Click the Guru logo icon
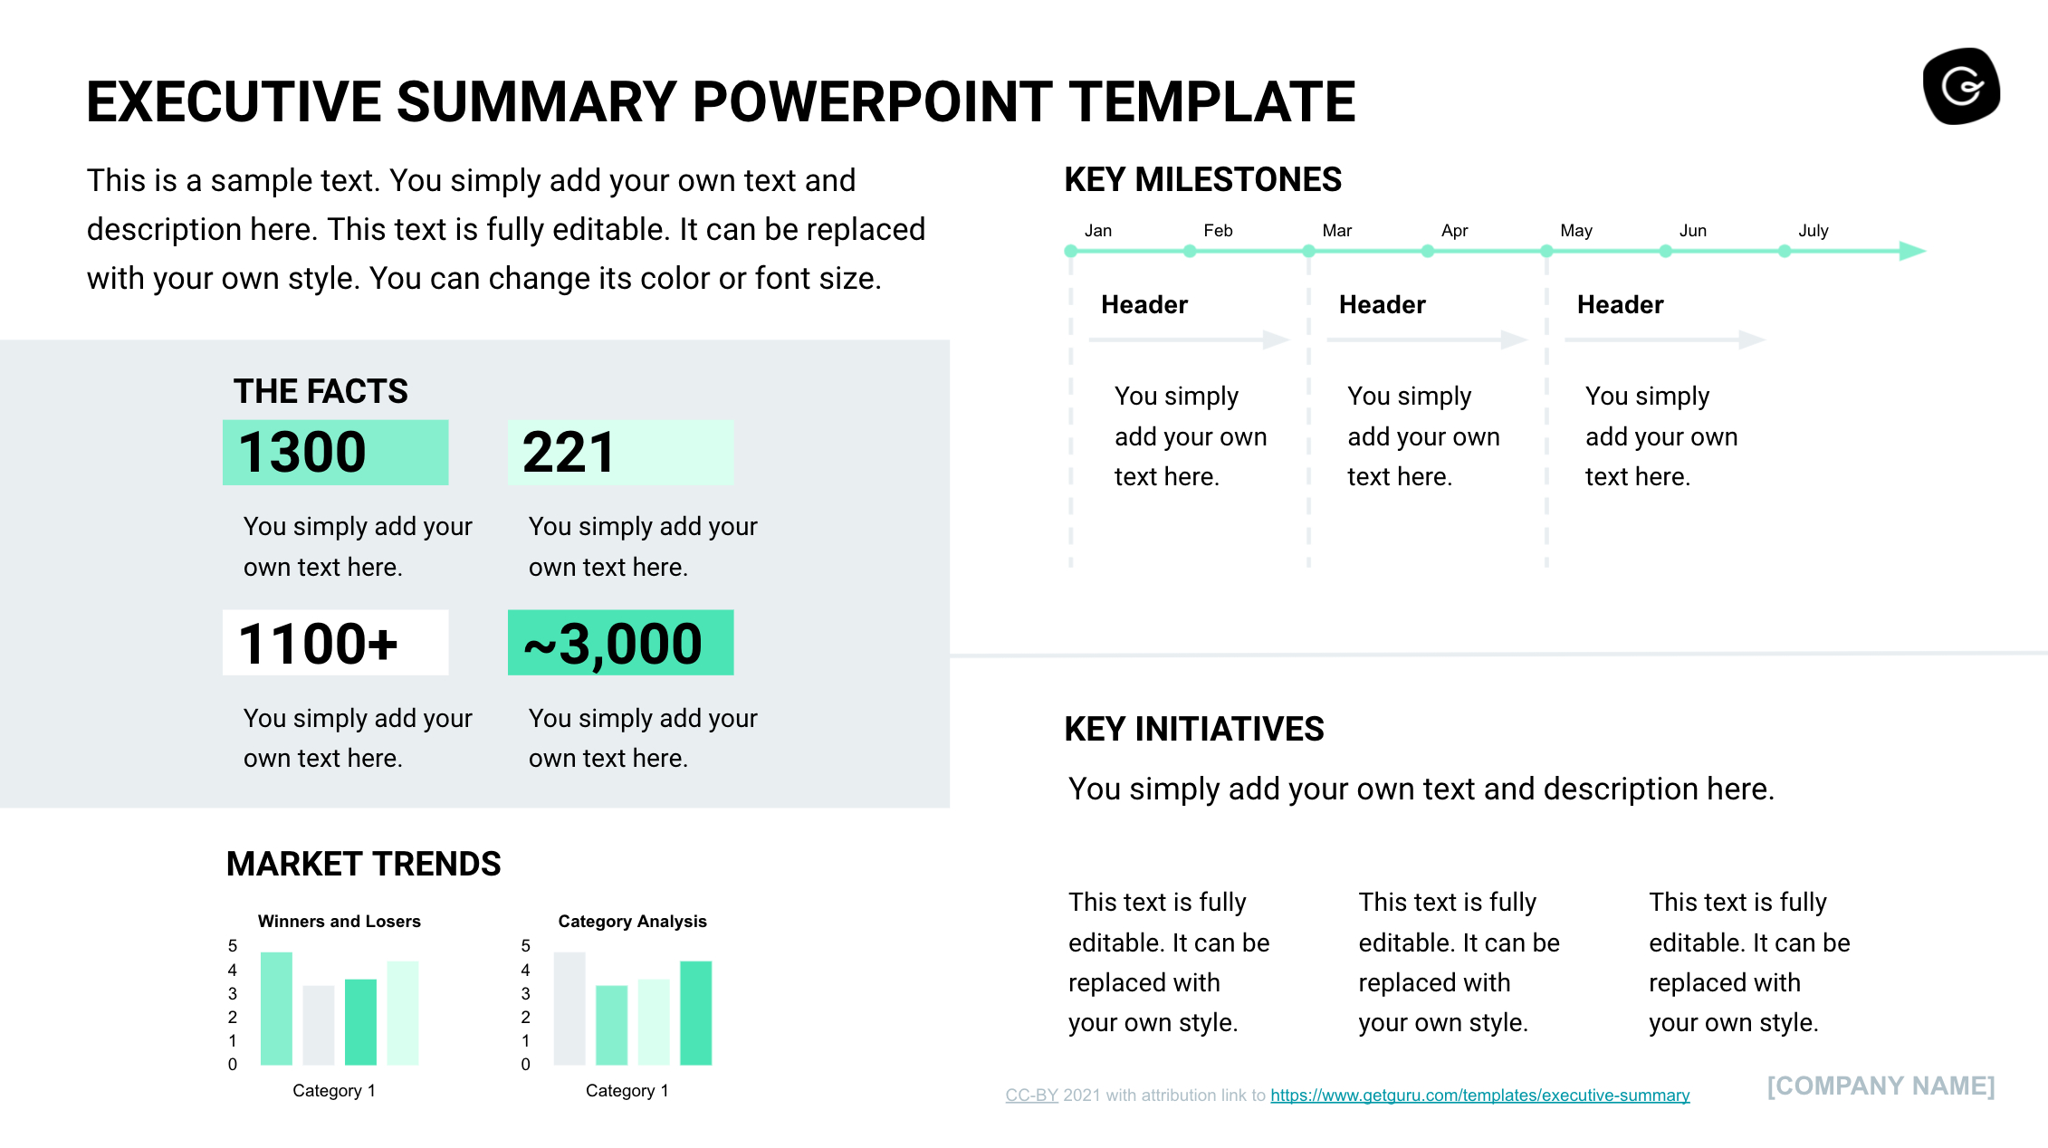pos(1961,87)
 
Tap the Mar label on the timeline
pos(1336,231)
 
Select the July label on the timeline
pos(1813,231)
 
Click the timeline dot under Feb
pos(1190,252)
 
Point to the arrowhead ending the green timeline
pos(1911,251)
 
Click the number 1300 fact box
pos(335,453)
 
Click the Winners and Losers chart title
pos(340,922)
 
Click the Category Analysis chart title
pos(632,922)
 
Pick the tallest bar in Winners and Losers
pos(276,1008)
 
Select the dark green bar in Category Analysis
pos(695,1012)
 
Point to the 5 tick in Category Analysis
pos(525,946)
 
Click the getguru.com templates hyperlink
pos(1479,1095)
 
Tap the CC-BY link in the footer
pos(1031,1095)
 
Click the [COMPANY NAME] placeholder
pos(1881,1086)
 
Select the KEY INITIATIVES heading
pos(1193,729)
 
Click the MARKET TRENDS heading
pos(363,864)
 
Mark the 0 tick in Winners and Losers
pos(233,1065)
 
